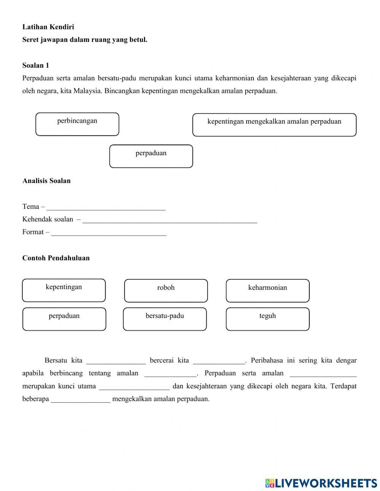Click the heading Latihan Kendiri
coord(48,27)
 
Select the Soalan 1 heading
coord(36,65)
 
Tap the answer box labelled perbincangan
coord(77,124)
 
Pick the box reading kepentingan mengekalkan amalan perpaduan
coord(274,124)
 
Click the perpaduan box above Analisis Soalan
coord(151,156)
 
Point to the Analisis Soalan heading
coord(46,181)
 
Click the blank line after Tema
coord(106,207)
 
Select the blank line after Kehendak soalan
coord(169,220)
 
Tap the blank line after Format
coord(109,233)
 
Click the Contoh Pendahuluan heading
coord(56,258)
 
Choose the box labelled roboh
coord(166,291)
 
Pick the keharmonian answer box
coord(268,291)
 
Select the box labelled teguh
coord(268,319)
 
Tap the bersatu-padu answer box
coord(165,319)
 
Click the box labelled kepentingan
coord(64,290)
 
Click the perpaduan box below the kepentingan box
coord(64,319)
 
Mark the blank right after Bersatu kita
coord(116,361)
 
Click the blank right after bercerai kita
coord(219,361)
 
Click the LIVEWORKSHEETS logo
coord(321,483)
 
